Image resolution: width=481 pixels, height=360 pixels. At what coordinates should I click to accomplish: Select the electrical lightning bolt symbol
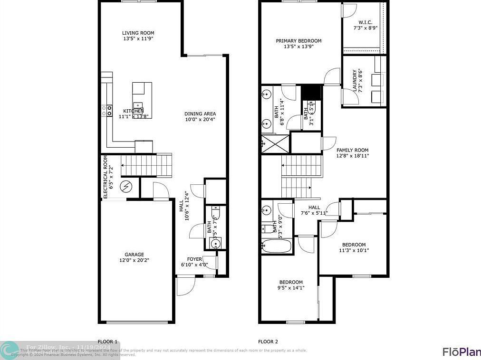pos(126,187)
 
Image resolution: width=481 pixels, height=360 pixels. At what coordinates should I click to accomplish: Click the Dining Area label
pos(200,114)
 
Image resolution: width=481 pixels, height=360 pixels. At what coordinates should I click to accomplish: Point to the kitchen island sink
pos(138,105)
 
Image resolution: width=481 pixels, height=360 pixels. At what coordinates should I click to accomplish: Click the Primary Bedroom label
pos(298,41)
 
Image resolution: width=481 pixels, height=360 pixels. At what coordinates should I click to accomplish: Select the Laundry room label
pos(355,81)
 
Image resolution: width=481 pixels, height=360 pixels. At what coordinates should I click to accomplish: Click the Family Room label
pos(353,150)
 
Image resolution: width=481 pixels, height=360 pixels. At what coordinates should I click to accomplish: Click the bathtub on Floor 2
pos(276,246)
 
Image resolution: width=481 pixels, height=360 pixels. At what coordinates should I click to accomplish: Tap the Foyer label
pos(194,259)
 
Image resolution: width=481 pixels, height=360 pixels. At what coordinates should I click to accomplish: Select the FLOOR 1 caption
pos(107,341)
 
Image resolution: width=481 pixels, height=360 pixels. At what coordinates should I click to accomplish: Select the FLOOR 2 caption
pos(268,341)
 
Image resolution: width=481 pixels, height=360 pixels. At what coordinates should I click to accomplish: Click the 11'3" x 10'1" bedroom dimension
pos(354,250)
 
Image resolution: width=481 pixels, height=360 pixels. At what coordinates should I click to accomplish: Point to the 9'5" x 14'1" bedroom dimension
pos(290,287)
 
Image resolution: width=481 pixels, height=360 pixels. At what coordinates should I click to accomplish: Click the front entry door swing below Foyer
pos(185,286)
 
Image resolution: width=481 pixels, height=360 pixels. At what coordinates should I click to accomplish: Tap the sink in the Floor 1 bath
pos(216,244)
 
